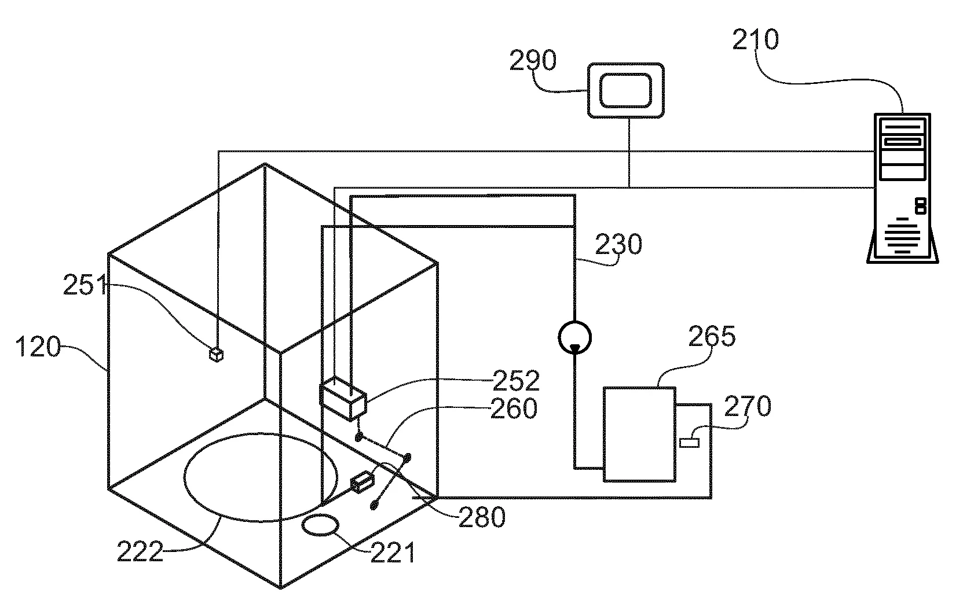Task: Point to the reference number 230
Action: pyautogui.click(x=618, y=245)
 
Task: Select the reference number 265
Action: pyautogui.click(x=712, y=336)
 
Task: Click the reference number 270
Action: pyautogui.click(x=748, y=406)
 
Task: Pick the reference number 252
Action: pyautogui.click(x=516, y=381)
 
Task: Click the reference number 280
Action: pyautogui.click(x=482, y=517)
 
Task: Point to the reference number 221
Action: pyautogui.click(x=393, y=554)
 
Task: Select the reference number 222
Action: pyautogui.click(x=140, y=551)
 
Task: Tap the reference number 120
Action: pyautogui.click(x=37, y=348)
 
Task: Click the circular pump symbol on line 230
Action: pyautogui.click(x=574, y=336)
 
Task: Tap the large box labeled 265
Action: pyautogui.click(x=639, y=434)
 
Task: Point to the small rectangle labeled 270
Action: pyautogui.click(x=689, y=443)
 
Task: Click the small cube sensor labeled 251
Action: pyautogui.click(x=217, y=354)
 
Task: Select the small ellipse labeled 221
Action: pyautogui.click(x=320, y=525)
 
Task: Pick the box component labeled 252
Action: pyautogui.click(x=343, y=399)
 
